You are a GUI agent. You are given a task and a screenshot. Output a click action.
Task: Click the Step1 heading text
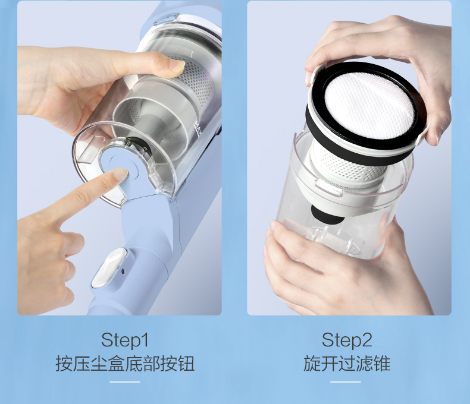pos(124,340)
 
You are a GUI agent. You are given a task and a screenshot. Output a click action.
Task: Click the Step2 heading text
pos(347,340)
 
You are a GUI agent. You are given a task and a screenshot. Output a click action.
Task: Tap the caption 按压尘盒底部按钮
pos(124,363)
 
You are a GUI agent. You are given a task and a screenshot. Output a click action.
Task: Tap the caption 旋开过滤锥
pos(347,363)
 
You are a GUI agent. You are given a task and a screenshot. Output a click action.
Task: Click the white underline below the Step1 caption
pos(125,382)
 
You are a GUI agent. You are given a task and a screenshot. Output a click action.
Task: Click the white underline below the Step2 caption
pos(347,382)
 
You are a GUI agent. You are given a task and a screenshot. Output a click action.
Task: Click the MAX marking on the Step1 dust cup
pos(199,130)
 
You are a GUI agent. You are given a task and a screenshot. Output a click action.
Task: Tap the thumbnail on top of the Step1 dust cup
pos(175,66)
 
